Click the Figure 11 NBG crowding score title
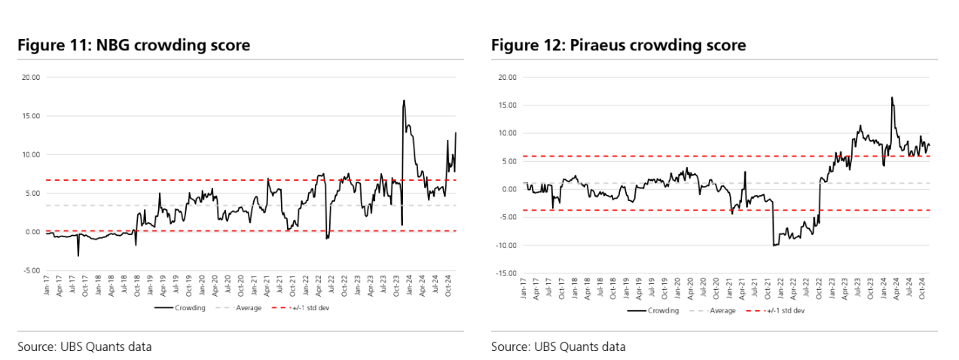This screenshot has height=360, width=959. [x=134, y=46]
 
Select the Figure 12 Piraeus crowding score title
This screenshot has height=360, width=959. [x=618, y=46]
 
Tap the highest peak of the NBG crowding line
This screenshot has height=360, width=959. [x=404, y=100]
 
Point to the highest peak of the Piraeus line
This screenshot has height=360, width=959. [x=892, y=97]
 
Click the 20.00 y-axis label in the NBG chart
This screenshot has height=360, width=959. [x=31, y=77]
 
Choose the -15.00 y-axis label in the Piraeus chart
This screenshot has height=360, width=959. [x=506, y=273]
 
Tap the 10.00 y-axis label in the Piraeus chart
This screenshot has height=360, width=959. [x=508, y=133]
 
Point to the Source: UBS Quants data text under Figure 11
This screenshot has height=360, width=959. [x=84, y=347]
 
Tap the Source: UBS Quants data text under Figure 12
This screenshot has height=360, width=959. [x=558, y=347]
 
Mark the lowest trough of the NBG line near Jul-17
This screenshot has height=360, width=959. [x=78, y=256]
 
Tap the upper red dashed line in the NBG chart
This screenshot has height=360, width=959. [x=226, y=180]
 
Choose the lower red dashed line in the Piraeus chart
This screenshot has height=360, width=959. [x=678, y=210]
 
